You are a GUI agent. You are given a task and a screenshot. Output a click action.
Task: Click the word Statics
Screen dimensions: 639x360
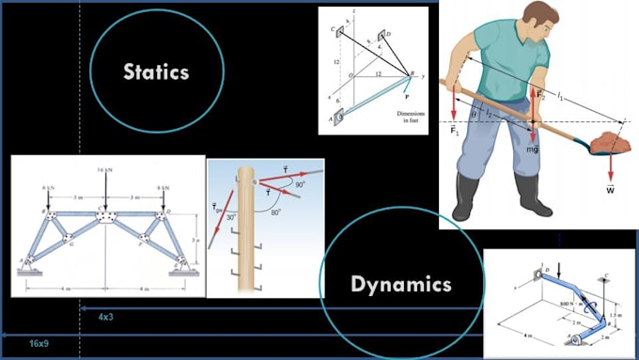[157, 71]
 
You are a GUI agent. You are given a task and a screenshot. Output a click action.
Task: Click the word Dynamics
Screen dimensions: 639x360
[400, 284]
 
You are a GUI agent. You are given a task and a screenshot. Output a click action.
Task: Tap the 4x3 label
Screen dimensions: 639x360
[105, 318]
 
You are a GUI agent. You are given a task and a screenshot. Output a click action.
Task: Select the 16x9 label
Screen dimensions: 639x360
[39, 344]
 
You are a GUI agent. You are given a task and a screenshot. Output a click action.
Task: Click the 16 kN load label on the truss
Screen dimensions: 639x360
[106, 171]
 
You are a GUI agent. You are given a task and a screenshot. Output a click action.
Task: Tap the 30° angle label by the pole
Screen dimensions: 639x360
[231, 217]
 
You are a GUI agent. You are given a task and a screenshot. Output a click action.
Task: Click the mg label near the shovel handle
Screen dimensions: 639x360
[532, 149]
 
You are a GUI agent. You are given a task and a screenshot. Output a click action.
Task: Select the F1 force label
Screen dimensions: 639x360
[455, 128]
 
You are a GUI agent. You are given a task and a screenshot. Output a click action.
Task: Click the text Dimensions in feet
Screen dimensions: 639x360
[406, 117]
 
